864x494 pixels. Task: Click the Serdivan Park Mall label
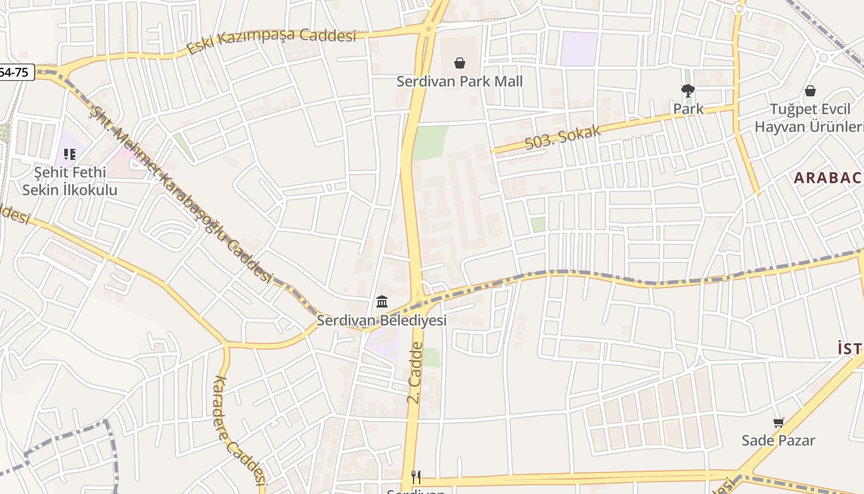coord(459,81)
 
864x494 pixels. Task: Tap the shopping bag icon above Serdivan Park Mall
coord(459,63)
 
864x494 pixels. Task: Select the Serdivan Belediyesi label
coord(381,320)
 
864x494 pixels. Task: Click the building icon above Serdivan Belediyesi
coord(382,302)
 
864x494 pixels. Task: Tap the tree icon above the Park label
coord(688,91)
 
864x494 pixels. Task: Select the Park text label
coord(688,109)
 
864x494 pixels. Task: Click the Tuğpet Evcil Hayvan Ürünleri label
coord(808,118)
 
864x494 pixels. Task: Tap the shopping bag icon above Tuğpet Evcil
coord(810,91)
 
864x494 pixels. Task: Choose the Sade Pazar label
coord(778,440)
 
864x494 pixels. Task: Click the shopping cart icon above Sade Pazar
coord(778,423)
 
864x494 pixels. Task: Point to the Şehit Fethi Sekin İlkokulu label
coord(70,181)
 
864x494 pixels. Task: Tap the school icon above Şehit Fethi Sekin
coord(69,154)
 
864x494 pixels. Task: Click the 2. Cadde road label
coord(415,374)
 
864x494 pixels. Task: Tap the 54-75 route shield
coord(14,72)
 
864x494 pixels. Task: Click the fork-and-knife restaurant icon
coord(416,477)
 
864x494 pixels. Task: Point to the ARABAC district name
coord(828,178)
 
